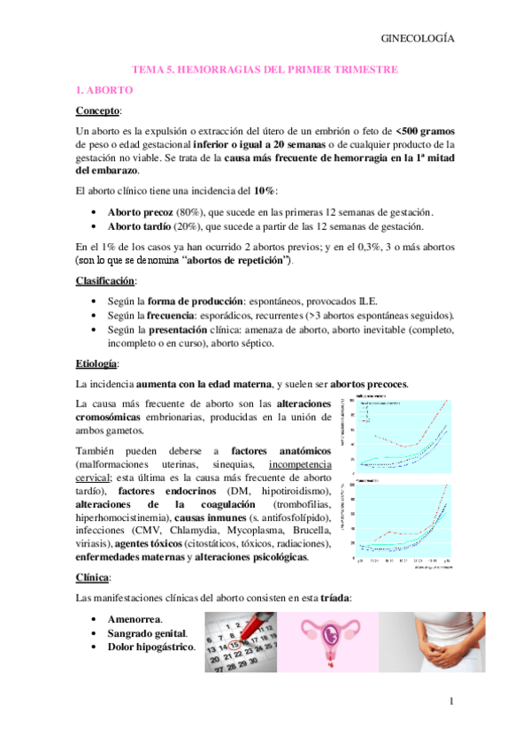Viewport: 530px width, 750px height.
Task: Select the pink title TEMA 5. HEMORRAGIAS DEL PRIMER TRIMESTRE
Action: [265, 68]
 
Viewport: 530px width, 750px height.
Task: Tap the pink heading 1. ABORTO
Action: [104, 90]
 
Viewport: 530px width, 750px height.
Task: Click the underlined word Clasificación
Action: [104, 280]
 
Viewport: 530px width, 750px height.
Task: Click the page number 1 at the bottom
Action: [450, 702]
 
